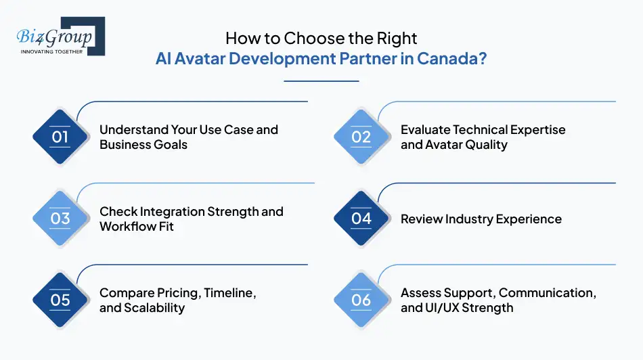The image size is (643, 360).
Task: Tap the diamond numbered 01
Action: click(x=60, y=137)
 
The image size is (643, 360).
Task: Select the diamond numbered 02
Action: click(x=361, y=137)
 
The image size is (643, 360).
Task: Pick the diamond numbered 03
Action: click(x=60, y=219)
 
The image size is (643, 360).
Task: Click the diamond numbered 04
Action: click(x=361, y=219)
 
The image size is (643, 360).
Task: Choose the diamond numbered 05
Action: click(x=60, y=300)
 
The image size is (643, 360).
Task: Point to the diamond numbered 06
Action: click(x=361, y=300)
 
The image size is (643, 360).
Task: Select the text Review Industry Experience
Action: click(x=481, y=219)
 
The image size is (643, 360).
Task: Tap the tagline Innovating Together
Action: click(x=51, y=51)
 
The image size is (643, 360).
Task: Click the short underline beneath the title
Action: click(x=321, y=81)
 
